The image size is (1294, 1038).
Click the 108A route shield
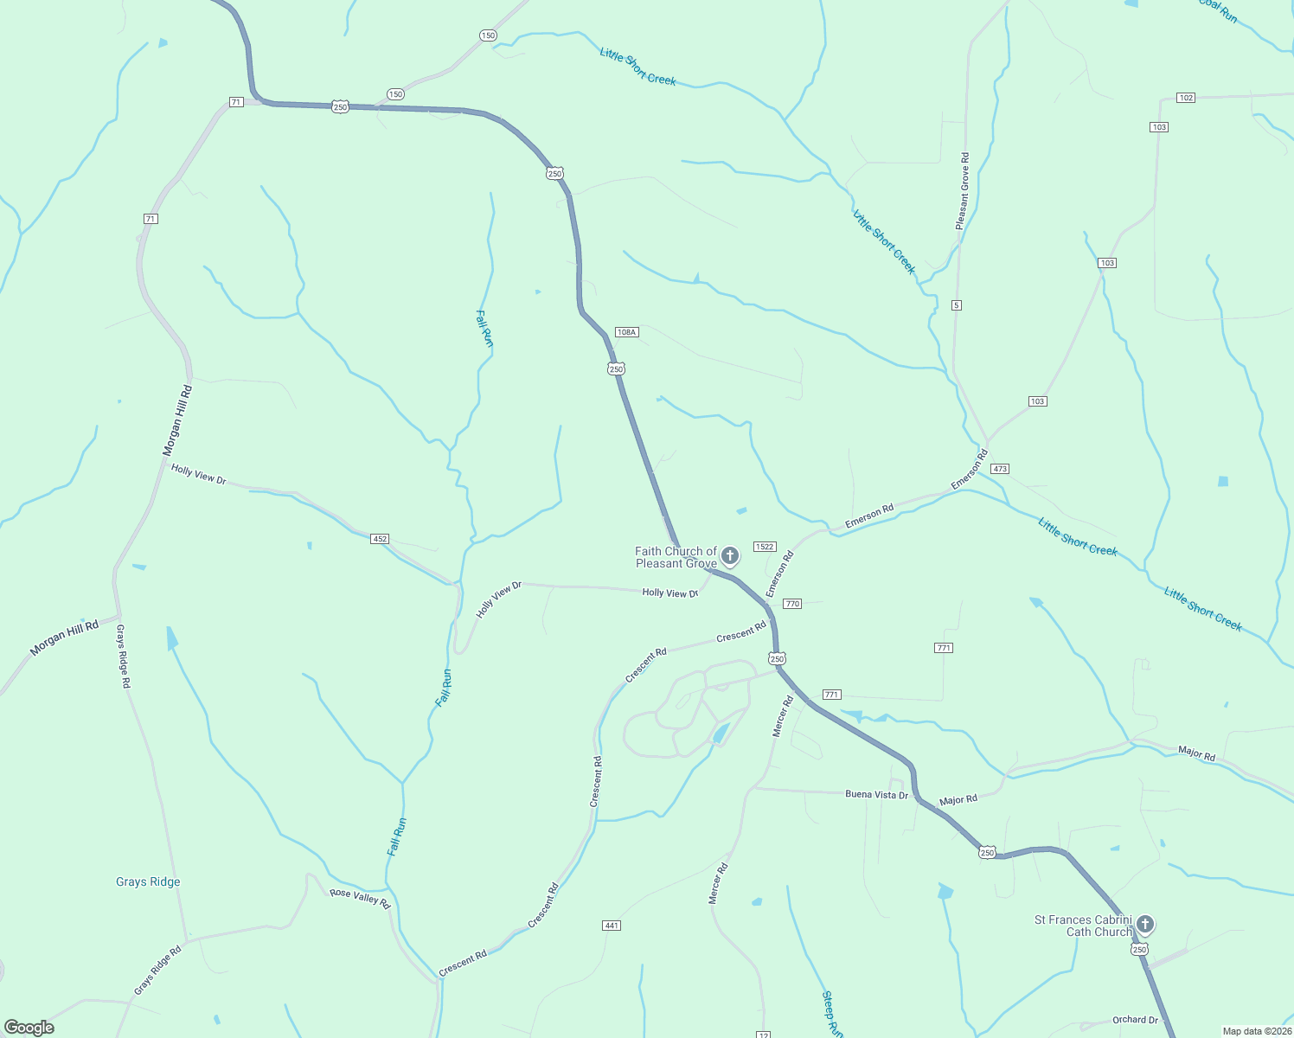(626, 332)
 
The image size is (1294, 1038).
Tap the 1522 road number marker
(765, 547)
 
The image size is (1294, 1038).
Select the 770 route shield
(792, 604)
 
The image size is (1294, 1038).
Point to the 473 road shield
(1000, 469)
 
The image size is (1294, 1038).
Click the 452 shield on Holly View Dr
(380, 539)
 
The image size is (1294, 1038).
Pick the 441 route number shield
(612, 926)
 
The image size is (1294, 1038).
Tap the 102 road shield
(1186, 98)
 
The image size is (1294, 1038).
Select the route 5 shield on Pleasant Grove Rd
(956, 305)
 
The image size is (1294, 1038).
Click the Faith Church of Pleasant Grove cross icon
(730, 555)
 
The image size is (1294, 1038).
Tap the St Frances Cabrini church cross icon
(1145, 925)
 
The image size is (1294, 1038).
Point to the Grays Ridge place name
(148, 882)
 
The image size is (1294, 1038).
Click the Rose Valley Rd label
(361, 898)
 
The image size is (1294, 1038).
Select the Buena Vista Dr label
(876, 794)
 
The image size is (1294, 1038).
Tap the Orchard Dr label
(1135, 1020)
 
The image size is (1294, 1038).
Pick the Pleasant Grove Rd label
(963, 191)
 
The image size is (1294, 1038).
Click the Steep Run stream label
(831, 1014)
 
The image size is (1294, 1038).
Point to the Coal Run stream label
(1218, 10)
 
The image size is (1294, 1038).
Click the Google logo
(29, 1028)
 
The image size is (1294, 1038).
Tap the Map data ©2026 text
(1257, 1031)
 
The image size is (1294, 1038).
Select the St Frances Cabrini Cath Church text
(1083, 926)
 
